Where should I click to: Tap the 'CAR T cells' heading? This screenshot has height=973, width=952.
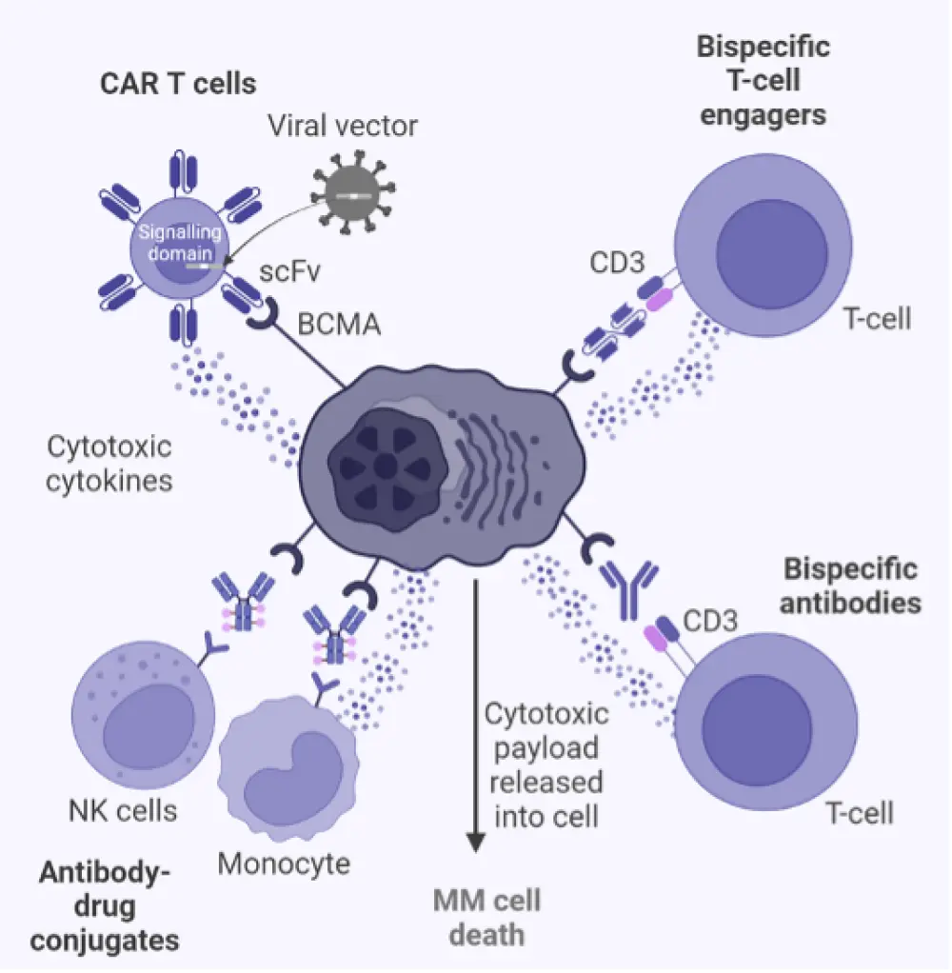(x=178, y=83)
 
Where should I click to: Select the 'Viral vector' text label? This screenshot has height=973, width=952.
(x=342, y=125)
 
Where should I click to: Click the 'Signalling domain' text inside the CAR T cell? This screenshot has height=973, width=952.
(x=180, y=243)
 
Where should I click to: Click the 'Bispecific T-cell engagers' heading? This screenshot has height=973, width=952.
(x=763, y=81)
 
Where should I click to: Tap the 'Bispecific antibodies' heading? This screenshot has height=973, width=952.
(x=850, y=586)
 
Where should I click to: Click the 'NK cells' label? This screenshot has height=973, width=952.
(x=123, y=810)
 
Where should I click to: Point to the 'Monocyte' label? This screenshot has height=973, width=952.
(x=284, y=864)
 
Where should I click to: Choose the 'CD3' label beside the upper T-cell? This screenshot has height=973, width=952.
(x=618, y=262)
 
